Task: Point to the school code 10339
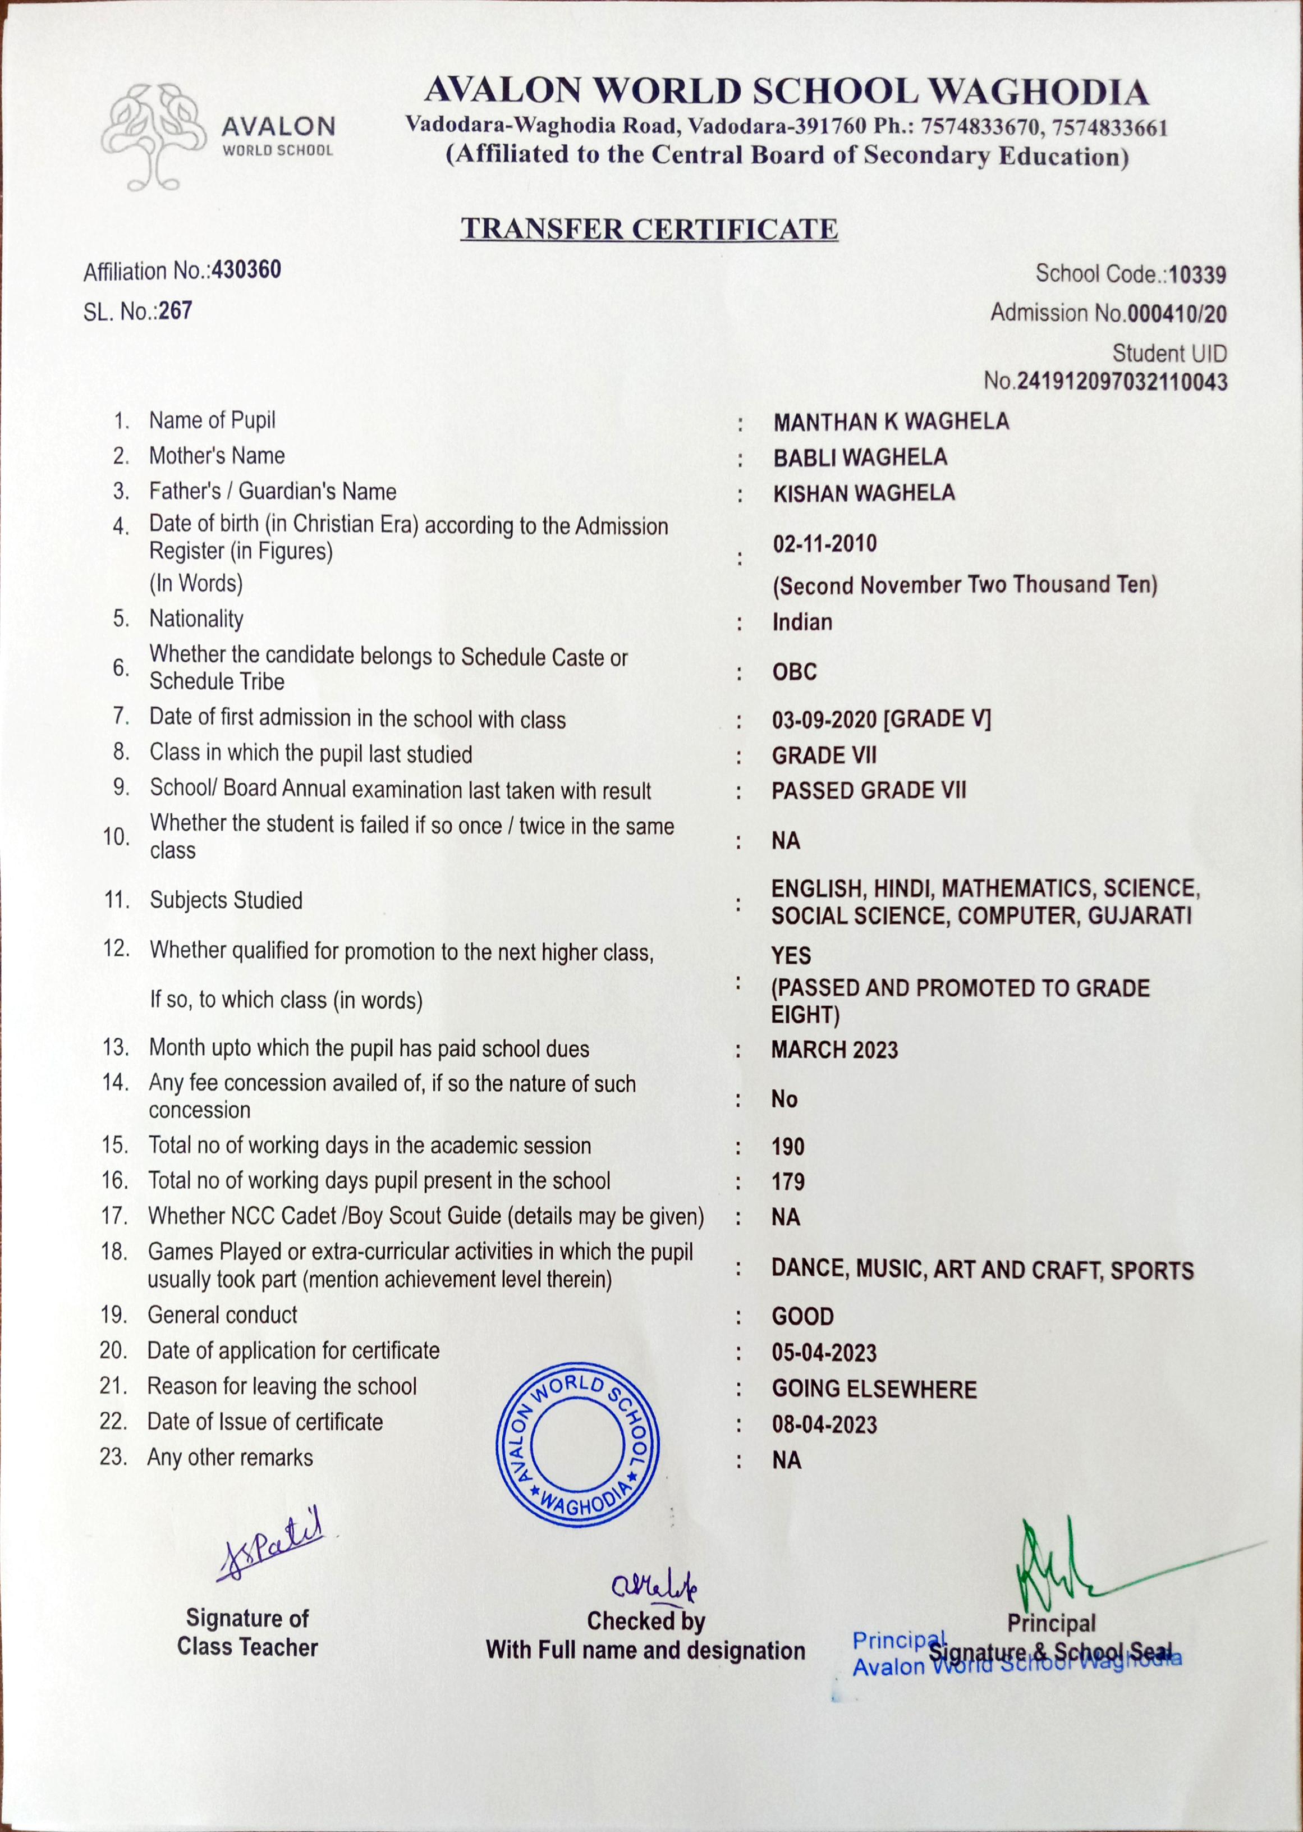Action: pos(1197,275)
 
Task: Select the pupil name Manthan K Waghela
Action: pos(891,422)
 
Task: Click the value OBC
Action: pos(795,672)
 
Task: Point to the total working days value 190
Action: pos(787,1147)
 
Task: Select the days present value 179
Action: pos(787,1182)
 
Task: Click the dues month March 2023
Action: pos(834,1050)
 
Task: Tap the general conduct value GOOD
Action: pos(802,1317)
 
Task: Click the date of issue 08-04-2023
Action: pos(824,1425)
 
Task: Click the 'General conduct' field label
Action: pos(222,1315)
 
